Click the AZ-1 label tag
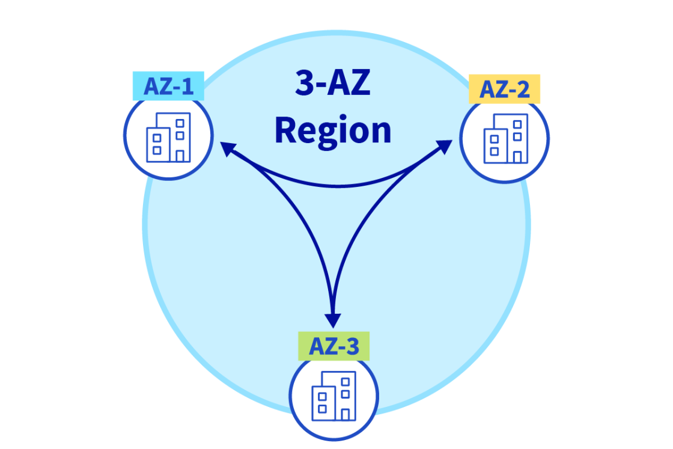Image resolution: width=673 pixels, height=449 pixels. [x=168, y=87]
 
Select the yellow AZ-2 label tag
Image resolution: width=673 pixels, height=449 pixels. [x=504, y=90]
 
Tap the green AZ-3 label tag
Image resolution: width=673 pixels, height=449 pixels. [x=333, y=346]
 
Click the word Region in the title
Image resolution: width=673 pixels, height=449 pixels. [x=333, y=131]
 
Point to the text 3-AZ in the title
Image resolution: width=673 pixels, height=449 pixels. [x=332, y=84]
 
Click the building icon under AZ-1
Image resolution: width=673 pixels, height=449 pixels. [x=168, y=137]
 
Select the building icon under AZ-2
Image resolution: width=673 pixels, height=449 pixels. [x=505, y=138]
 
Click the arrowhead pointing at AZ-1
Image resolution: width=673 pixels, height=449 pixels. [x=227, y=148]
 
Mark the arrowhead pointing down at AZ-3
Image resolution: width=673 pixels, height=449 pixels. [x=332, y=320]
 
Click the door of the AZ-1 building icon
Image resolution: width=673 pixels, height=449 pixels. [x=180, y=156]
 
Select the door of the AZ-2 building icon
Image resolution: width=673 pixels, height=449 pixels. [x=517, y=157]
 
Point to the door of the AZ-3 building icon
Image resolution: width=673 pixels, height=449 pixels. [x=345, y=414]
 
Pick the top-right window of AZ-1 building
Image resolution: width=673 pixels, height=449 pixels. [x=179, y=123]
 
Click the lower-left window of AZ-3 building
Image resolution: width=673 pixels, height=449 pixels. [x=322, y=409]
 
